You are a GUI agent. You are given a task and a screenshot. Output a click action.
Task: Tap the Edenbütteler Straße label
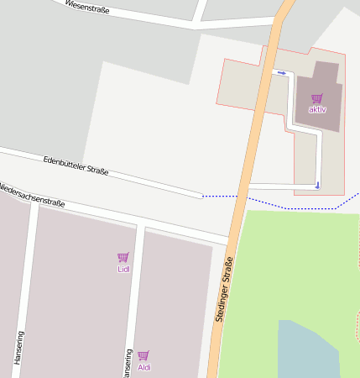coord(76,165)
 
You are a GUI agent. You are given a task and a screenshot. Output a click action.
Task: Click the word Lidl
coord(123,270)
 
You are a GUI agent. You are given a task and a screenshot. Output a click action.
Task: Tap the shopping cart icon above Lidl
coord(123,257)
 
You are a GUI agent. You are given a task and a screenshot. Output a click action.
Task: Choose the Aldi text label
coord(144,367)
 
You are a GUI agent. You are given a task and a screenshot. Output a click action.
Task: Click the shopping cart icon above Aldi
coord(143,355)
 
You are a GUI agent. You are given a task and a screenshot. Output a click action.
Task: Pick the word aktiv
coord(317,110)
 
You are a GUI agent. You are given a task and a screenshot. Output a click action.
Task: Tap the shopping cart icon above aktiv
coord(316,98)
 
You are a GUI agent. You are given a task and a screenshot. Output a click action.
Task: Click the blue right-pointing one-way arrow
coord(282,73)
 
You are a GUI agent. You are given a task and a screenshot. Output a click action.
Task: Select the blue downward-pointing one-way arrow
coord(317,184)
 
